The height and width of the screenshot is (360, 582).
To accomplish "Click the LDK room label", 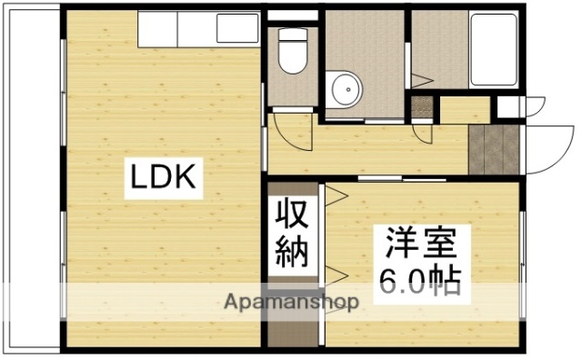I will (165, 178).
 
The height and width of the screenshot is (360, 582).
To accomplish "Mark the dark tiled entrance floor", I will (495, 148).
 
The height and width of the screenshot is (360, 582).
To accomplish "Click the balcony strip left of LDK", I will (32, 182).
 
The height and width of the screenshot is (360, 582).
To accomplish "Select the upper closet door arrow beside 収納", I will (333, 193).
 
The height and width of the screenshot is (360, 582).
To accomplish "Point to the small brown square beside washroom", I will (422, 105).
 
